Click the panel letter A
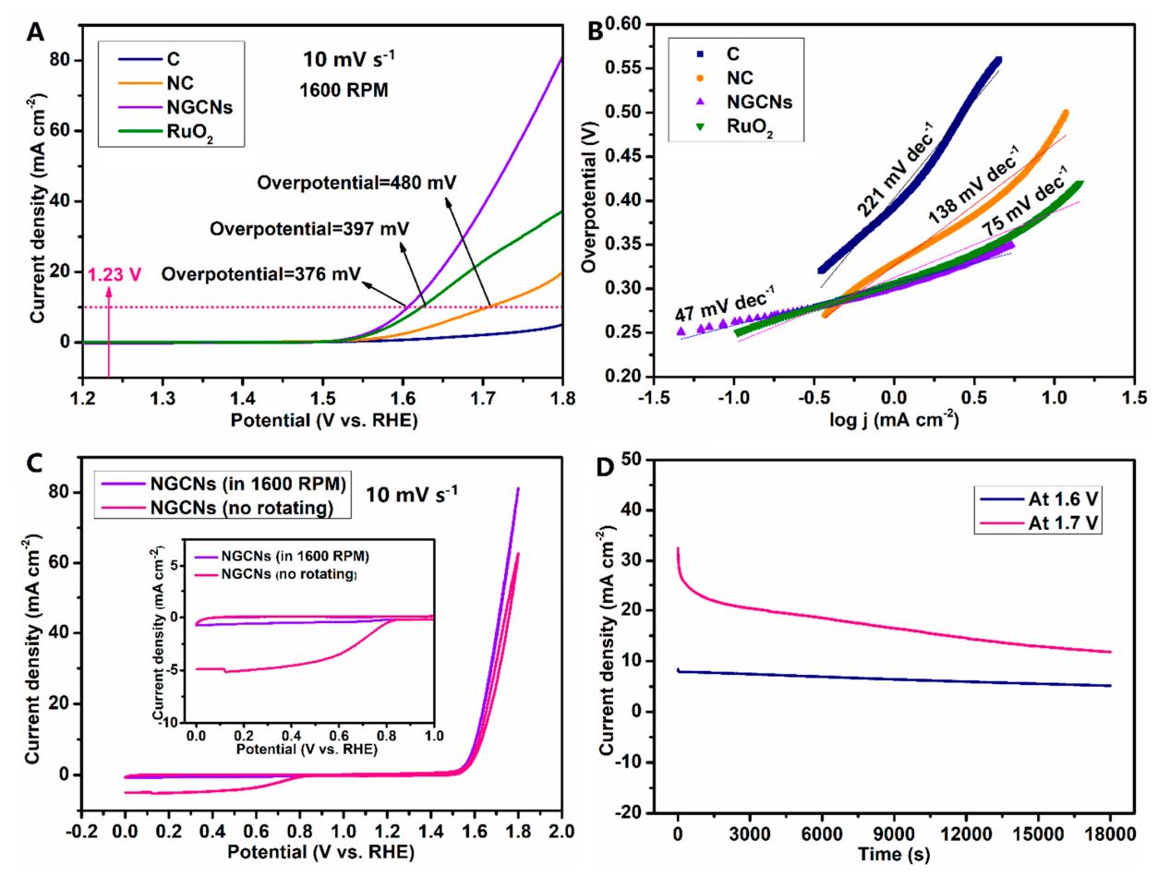[35, 32]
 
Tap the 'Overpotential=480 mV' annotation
[356, 183]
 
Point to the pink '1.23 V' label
[114, 275]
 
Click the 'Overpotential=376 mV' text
[261, 274]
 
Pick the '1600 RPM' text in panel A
[344, 90]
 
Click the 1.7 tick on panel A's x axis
[483, 399]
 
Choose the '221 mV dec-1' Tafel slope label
[894, 170]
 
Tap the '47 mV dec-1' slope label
[724, 304]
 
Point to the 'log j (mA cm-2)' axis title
[894, 419]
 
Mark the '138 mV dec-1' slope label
[972, 184]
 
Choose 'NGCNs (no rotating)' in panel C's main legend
[242, 508]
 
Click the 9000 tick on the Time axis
[894, 834]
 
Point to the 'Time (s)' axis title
[894, 854]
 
